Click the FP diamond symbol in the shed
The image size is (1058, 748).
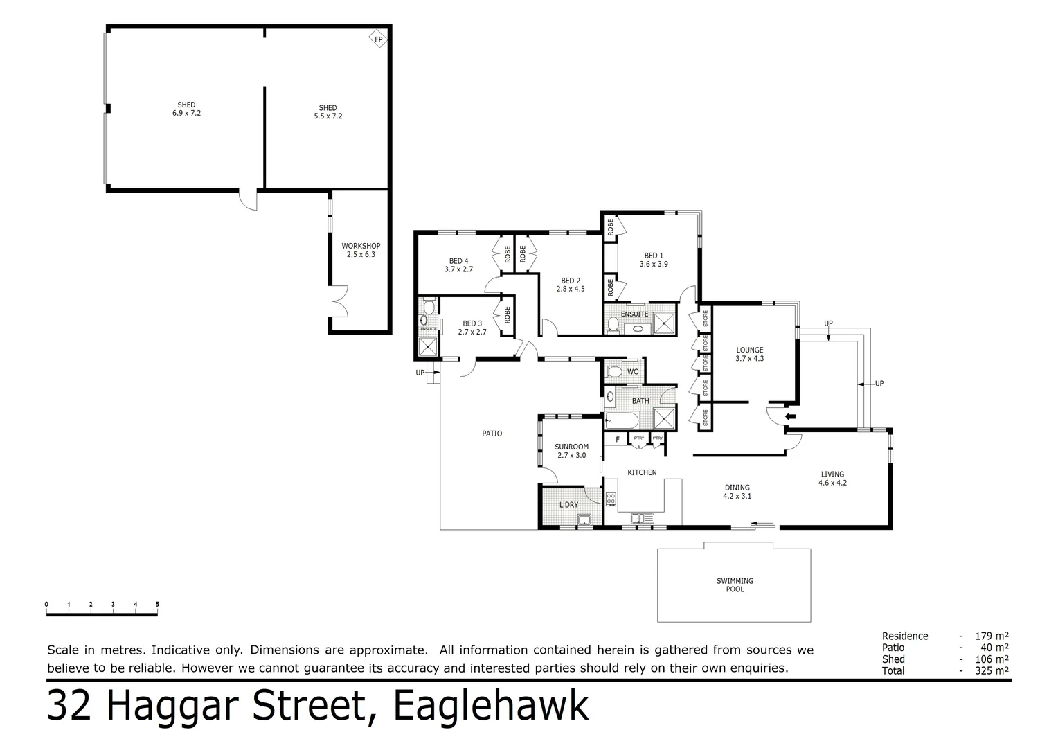click(x=378, y=39)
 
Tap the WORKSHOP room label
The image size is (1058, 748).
click(x=361, y=246)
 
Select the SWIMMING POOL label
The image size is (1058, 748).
click(x=735, y=585)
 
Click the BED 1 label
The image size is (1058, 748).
click(x=654, y=256)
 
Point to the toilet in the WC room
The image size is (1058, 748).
click(x=613, y=372)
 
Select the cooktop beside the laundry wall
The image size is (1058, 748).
click(x=611, y=499)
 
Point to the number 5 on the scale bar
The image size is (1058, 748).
click(x=157, y=605)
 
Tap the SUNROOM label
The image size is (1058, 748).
click(x=571, y=447)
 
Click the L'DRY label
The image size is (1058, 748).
click(x=568, y=505)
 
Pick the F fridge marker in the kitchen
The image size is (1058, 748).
click(x=617, y=439)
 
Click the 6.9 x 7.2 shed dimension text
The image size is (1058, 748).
click(x=186, y=113)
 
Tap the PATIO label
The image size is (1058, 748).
click(x=492, y=434)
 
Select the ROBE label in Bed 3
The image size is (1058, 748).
click(x=508, y=315)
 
